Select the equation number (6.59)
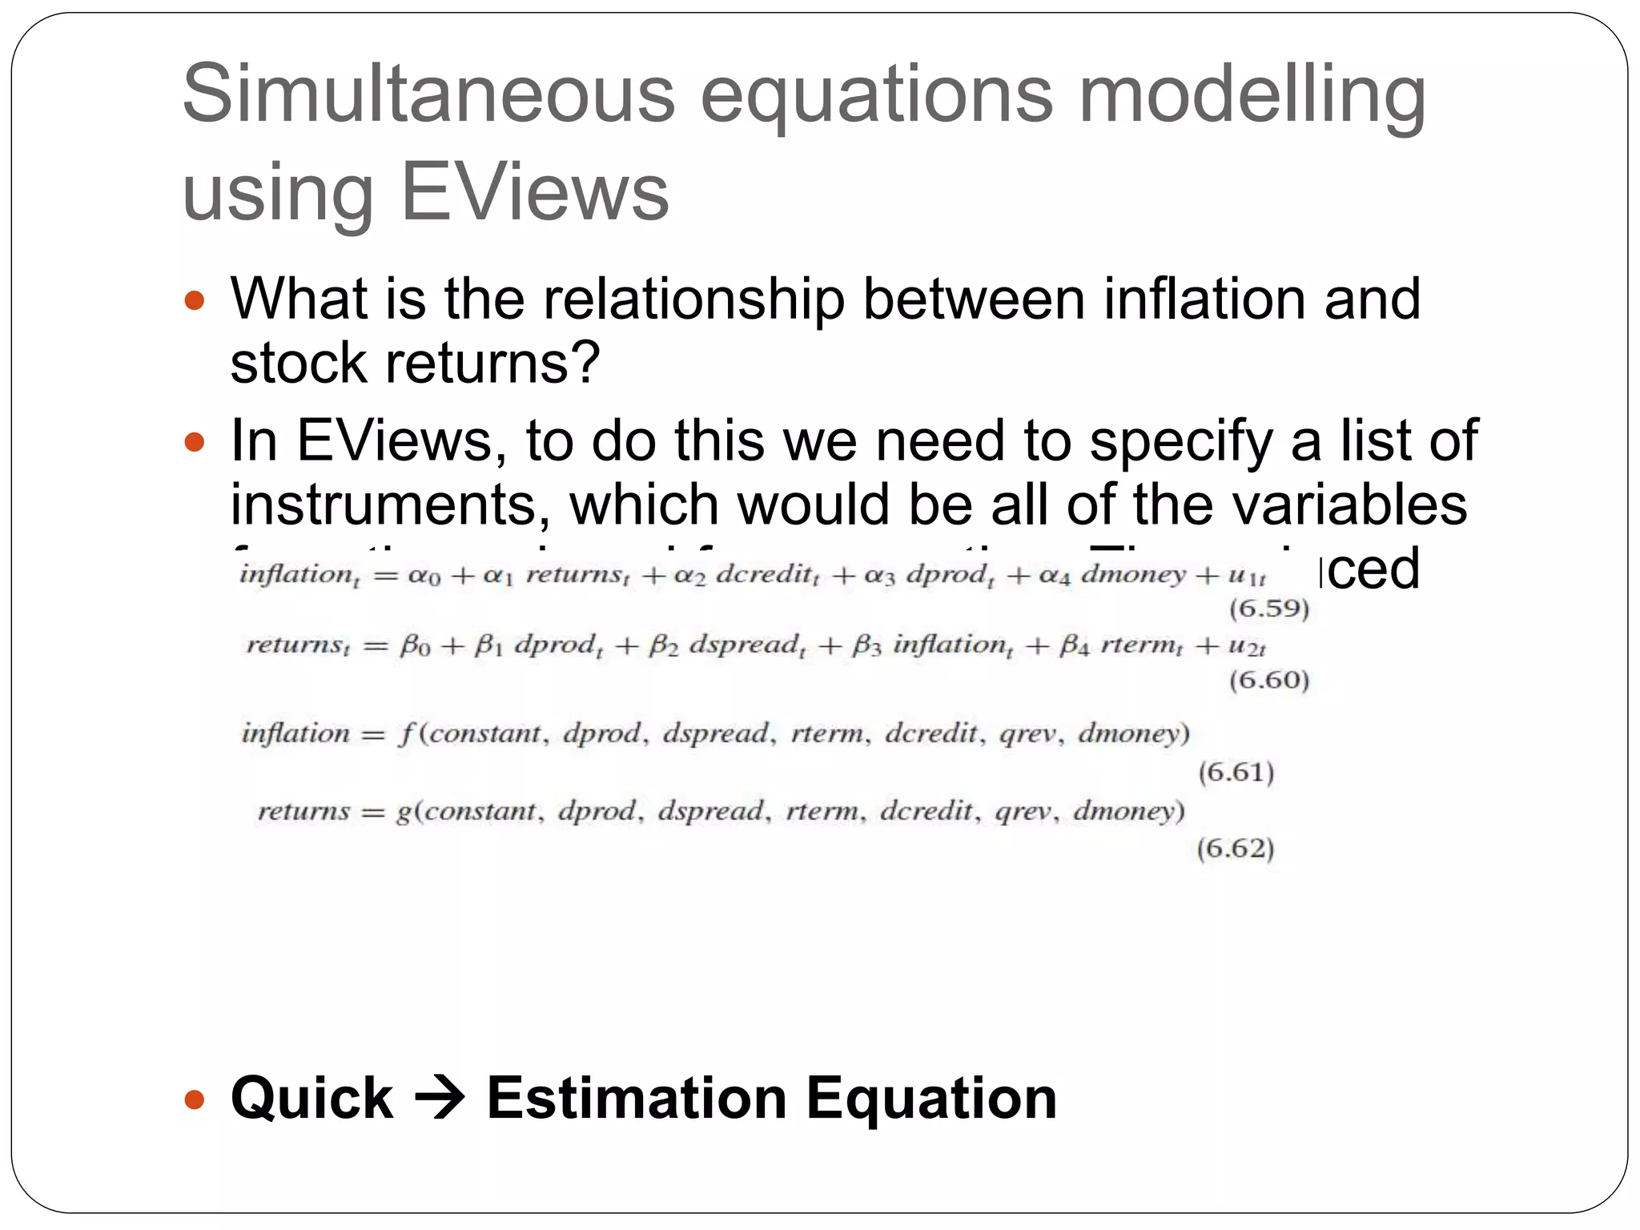coord(1269,609)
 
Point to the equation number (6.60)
coord(1269,680)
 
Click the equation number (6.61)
coord(1236,772)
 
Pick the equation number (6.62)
coord(1236,847)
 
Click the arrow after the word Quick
coord(440,1098)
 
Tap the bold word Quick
coord(312,1098)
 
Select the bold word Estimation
coord(637,1098)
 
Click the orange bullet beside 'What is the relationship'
coord(195,301)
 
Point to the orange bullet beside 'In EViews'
coord(195,442)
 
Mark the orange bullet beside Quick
coord(195,1099)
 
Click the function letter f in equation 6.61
coord(407,734)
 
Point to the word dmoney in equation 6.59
coord(1133,574)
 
